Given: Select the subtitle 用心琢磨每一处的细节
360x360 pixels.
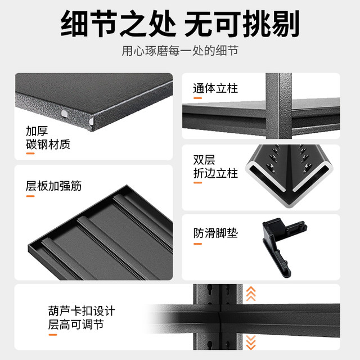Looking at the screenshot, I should pos(180,51).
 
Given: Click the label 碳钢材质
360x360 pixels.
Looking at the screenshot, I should pos(48,144).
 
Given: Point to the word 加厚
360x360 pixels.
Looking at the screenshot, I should pos(37,130).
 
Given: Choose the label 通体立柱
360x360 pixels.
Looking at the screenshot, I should pos(215,88).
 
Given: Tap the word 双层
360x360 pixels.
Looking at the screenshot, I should pos(204,160).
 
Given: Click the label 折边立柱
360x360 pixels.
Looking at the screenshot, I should pos(215,173).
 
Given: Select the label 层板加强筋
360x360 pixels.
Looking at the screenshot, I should pos(54,186).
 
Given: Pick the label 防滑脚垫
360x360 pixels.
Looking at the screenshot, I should pos(215,232).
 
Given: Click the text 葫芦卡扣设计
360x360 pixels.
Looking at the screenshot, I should pos(82,310).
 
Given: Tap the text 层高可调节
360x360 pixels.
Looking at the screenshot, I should pos(76,325).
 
